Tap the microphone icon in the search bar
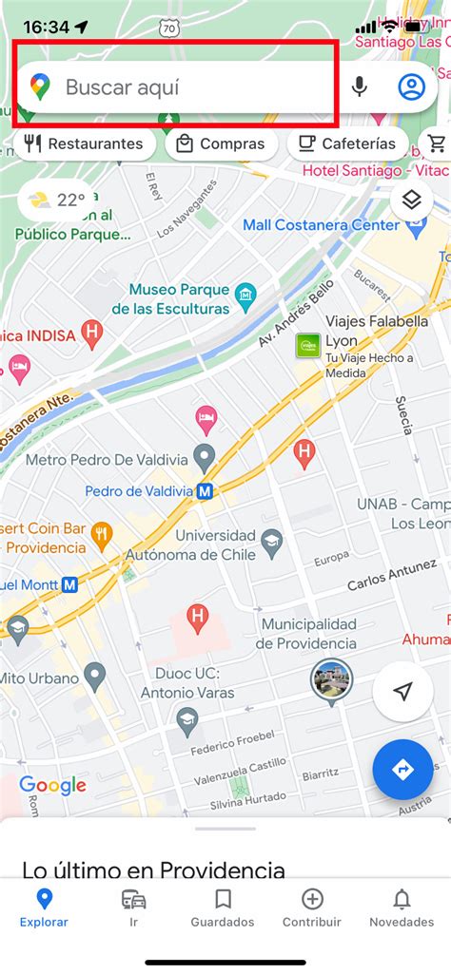coord(359,87)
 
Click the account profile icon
coord(411,87)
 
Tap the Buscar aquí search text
coord(122,87)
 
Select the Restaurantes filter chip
coord(85,144)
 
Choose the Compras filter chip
coord(222,144)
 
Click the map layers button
coord(411,200)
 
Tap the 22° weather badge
coord(56,200)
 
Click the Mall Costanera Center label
coord(321,225)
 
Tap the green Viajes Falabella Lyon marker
coord(308,346)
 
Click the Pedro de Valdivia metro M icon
coord(205,492)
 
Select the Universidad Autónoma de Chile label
coord(215,544)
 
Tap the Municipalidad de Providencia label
coord(295,634)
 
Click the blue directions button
coord(402,769)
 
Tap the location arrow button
coord(402,691)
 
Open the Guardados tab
coord(223,907)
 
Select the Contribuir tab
coord(312,907)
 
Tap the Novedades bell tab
coord(402,907)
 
